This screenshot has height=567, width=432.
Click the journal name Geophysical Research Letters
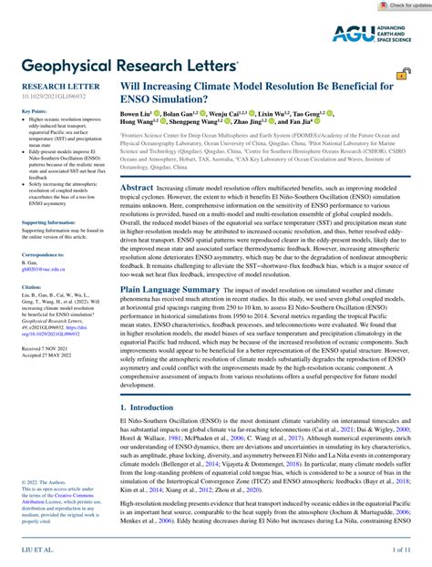[x=123, y=67]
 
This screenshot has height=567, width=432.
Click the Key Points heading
[x=34, y=111]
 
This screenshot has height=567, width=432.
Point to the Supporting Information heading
[x=47, y=222]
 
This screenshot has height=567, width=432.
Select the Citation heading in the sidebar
[x=30, y=286]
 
